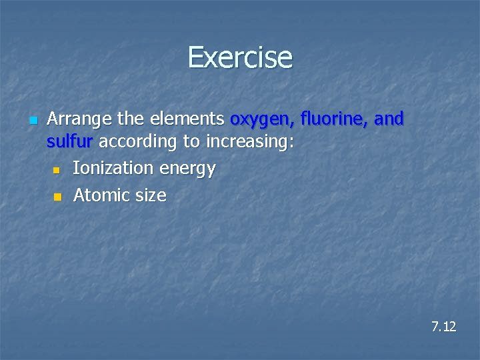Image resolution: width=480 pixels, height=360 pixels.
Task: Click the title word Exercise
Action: click(240, 57)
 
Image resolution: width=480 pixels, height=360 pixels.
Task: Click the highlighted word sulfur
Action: click(71, 141)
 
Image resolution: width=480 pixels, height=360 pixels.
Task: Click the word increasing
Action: click(247, 142)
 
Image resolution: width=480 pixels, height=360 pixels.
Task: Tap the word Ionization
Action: click(113, 169)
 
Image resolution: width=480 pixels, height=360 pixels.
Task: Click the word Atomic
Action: click(102, 195)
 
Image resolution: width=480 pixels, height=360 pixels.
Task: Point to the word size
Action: click(151, 196)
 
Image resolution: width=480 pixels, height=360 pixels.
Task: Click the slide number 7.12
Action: click(443, 327)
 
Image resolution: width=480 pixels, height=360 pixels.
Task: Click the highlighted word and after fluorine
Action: click(389, 119)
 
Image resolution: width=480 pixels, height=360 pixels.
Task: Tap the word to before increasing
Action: click(193, 142)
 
